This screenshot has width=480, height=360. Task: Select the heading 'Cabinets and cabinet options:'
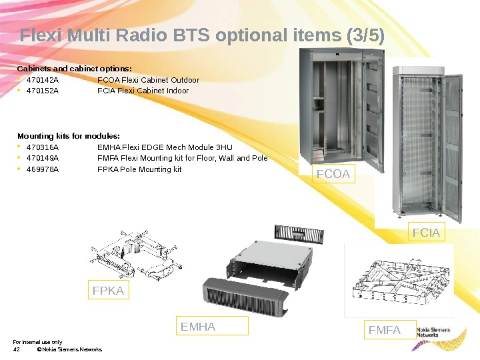point(74,69)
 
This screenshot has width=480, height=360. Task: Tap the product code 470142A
point(42,80)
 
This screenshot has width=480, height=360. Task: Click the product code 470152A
point(42,91)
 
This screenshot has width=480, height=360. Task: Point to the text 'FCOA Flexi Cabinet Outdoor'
point(148,80)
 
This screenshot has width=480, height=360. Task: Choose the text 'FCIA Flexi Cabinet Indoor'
point(143,91)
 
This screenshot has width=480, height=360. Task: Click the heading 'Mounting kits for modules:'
point(68,136)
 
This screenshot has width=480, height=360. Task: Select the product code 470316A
point(42,147)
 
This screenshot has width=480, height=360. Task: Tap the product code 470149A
point(42,158)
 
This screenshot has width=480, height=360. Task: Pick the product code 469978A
point(42,169)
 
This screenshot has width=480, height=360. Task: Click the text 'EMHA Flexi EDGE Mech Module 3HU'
point(165,147)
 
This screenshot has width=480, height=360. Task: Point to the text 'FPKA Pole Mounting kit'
point(139,169)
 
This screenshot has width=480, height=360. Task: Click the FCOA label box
point(334,175)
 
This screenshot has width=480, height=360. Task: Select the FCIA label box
point(426,233)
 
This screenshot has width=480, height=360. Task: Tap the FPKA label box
point(109,291)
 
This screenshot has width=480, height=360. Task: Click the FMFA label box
point(387,330)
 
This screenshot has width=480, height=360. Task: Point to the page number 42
point(17,349)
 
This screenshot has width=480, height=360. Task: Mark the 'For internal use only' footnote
point(37,342)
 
